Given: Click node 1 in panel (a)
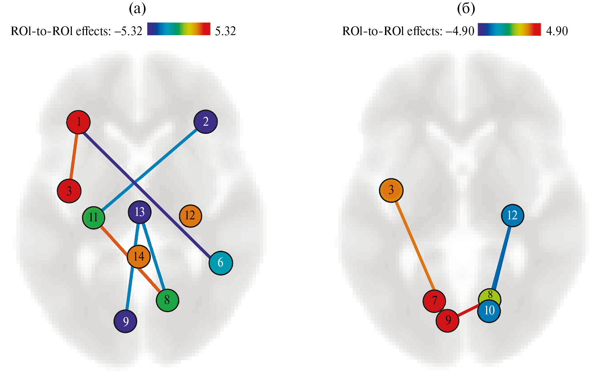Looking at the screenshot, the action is click(x=78, y=122).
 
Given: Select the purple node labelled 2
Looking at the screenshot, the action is click(x=206, y=122).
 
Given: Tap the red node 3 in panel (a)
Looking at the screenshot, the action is click(x=69, y=191).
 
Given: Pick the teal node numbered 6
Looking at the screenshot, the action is click(x=221, y=263).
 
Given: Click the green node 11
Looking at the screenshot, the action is click(x=94, y=218).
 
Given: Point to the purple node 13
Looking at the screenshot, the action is click(x=140, y=212).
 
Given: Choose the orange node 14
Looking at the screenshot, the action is click(x=139, y=256).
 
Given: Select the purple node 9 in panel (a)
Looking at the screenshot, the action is click(x=126, y=321).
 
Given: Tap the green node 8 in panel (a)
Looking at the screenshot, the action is click(x=167, y=300).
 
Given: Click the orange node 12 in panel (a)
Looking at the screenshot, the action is click(x=190, y=216).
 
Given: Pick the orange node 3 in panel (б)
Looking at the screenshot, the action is click(x=391, y=190).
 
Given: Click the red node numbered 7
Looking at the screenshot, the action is click(x=434, y=301).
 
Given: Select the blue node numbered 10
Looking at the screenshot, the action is click(x=489, y=311).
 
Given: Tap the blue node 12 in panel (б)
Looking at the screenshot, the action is click(x=512, y=216).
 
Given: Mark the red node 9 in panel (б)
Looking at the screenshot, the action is click(x=448, y=320).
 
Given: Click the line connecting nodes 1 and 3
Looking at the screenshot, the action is click(x=74, y=156).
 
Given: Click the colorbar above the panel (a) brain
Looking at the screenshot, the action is click(x=179, y=29).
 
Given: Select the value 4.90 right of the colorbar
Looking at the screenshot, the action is click(x=557, y=31).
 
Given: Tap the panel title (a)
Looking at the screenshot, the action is click(x=137, y=9).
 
